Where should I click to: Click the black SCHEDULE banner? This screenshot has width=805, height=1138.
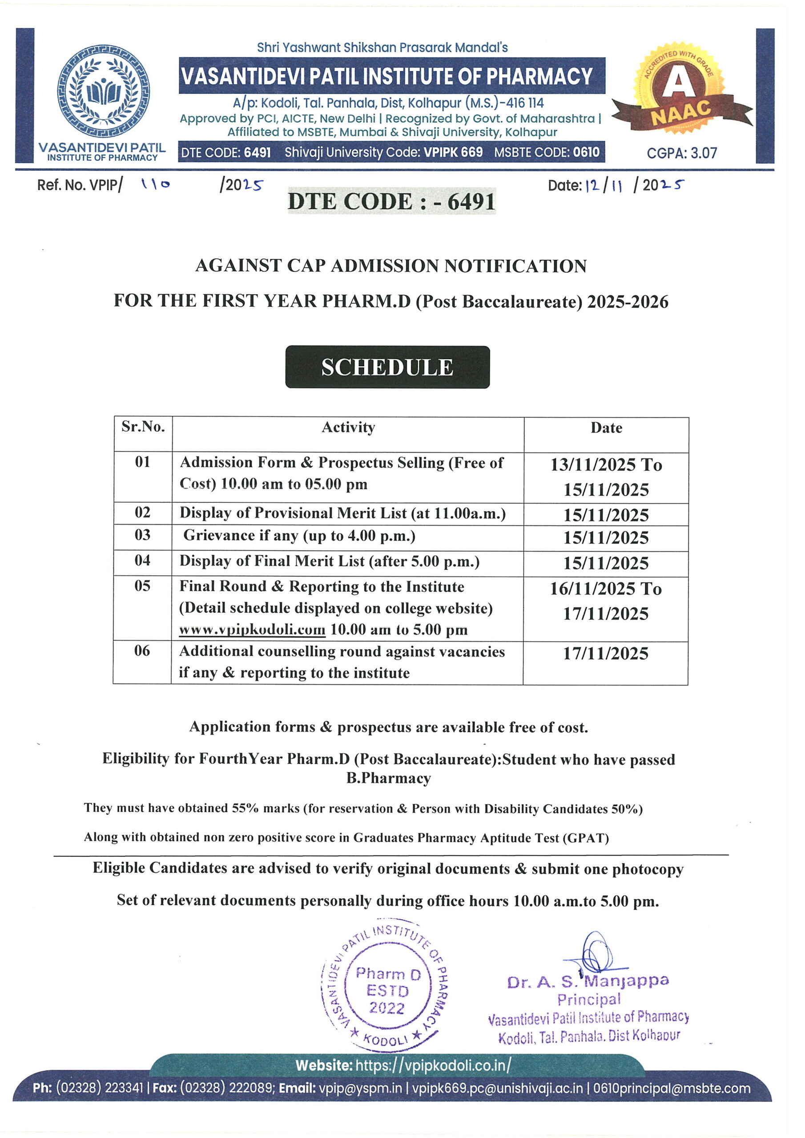387,367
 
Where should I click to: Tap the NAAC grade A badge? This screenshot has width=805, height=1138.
680,89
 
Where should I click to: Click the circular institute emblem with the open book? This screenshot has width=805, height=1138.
104,92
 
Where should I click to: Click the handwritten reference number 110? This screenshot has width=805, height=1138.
155,184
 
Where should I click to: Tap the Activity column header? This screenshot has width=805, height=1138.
348,427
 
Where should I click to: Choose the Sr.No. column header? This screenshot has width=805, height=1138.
143,427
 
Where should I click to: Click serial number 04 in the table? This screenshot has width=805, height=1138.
142,560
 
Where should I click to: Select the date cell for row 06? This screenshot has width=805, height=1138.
606,653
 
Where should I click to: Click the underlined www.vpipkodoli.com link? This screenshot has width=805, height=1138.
253,629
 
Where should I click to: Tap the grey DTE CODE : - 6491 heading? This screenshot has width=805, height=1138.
391,201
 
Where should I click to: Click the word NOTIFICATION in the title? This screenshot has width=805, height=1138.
515,266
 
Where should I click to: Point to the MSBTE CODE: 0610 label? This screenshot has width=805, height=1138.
547,152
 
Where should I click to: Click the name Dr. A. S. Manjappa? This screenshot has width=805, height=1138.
588,982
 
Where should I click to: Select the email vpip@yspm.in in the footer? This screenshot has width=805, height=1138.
360,1089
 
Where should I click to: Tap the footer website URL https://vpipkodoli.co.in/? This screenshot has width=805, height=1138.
433,1065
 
